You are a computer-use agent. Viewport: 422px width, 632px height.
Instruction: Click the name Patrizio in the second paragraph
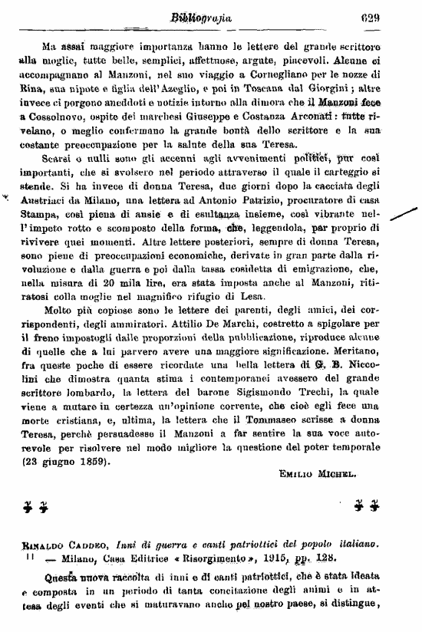[227, 198]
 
